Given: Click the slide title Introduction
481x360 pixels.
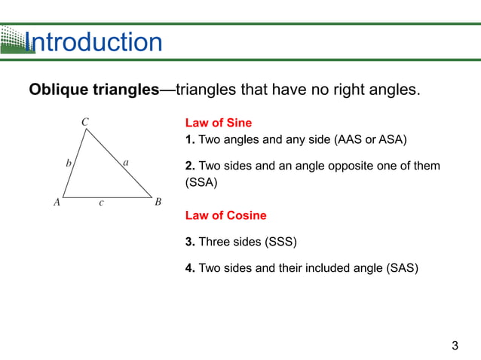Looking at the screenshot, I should pos(93,42).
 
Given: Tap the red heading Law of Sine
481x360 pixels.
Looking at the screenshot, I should pos(218,123).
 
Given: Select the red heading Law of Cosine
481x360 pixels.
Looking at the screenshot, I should pos(225,215).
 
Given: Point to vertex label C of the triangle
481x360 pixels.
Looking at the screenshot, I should pos(85,121).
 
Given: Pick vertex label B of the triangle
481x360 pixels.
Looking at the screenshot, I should pos(158,202).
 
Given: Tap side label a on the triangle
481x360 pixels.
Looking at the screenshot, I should pos(125,161).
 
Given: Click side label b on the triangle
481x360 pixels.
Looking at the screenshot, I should pos(69,162).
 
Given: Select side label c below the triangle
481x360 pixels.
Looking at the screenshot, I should pos(101,203).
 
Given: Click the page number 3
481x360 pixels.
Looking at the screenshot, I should pos(455,346).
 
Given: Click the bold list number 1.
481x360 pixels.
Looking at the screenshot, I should pos(189,139).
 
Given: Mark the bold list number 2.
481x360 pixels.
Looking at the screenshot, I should pos(189,166).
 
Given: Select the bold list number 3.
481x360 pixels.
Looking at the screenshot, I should pos(189,242).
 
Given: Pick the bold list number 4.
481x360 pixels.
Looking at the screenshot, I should pos(189,267).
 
